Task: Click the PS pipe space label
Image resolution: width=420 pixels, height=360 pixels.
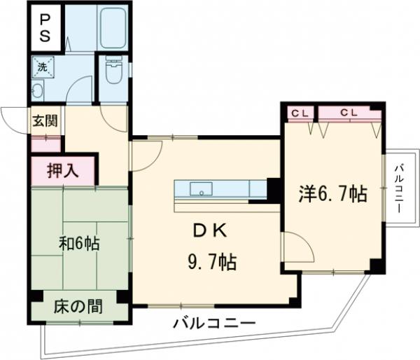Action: point(44,27)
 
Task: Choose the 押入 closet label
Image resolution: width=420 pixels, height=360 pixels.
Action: point(62,169)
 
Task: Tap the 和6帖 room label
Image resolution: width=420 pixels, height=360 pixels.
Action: point(78,244)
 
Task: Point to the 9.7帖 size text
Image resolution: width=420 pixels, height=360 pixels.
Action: point(211,263)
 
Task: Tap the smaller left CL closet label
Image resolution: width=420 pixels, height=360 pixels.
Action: point(300,112)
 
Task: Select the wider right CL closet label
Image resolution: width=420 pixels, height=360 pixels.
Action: point(349,112)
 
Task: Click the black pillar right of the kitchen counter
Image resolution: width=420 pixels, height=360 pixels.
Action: point(274,189)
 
